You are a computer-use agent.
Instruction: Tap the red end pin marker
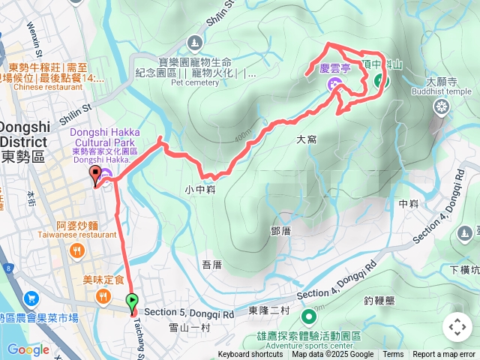pos(95,175)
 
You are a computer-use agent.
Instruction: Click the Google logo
pos(28,349)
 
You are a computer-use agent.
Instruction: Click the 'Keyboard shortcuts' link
pos(250,355)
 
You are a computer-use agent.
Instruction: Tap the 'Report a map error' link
pos(445,355)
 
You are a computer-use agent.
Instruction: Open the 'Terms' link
pos(393,355)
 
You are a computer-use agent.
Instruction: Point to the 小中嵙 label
pos(199,190)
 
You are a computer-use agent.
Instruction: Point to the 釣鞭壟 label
pos(378,301)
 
